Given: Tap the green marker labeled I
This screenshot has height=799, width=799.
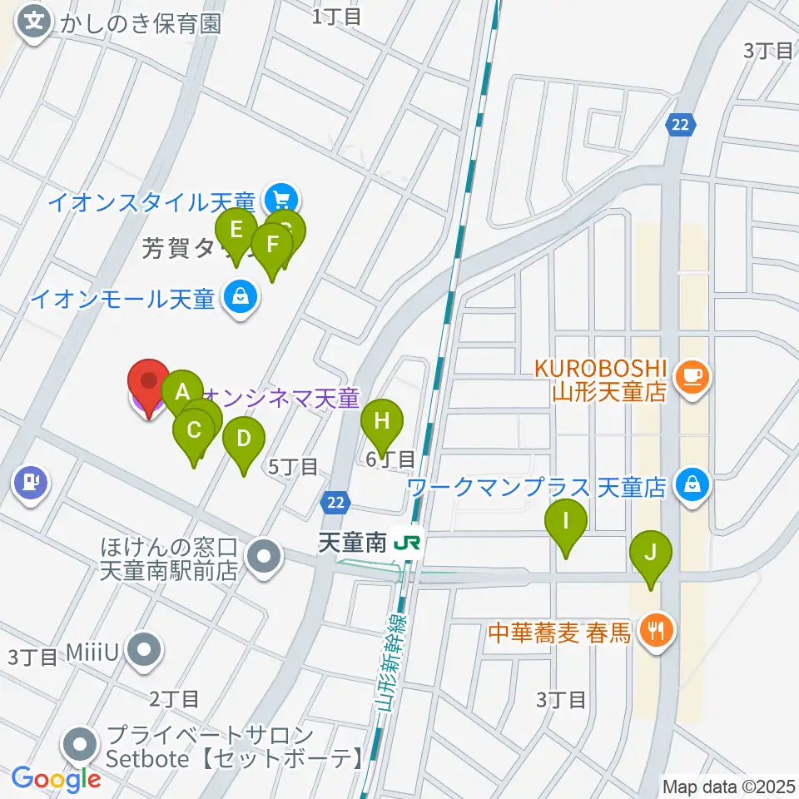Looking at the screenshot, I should pos(566,523).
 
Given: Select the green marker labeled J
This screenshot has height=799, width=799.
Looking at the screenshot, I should pos(651,553).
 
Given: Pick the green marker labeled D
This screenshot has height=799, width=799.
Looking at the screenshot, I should pos(243,439).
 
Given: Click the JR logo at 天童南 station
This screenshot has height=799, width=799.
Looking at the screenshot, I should pos(407,543).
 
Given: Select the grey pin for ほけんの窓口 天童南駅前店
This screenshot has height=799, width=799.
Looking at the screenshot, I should pos(265,558).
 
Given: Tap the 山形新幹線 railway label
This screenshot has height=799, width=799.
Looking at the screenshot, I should pos(386,663).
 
